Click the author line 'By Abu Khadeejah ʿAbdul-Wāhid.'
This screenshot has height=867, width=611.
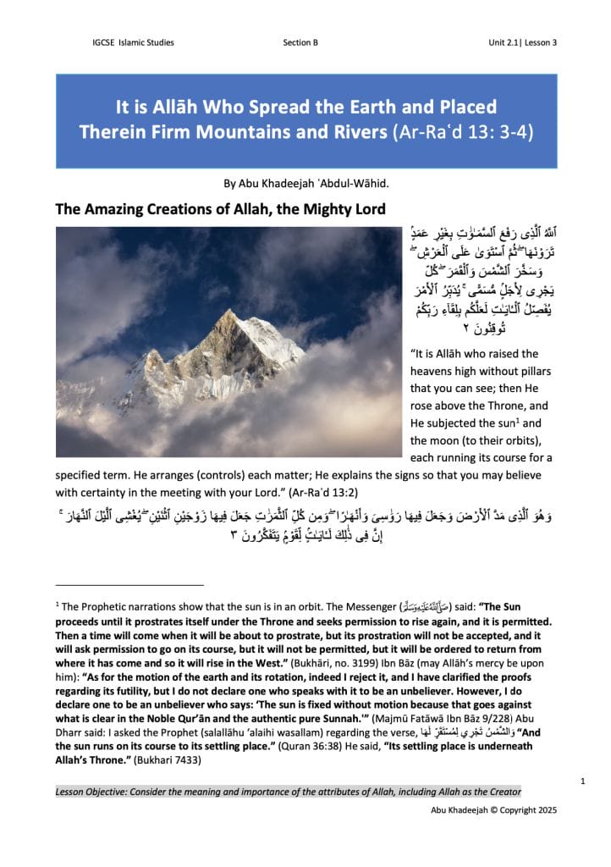point(305,181)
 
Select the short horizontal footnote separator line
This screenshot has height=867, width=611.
point(129,584)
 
